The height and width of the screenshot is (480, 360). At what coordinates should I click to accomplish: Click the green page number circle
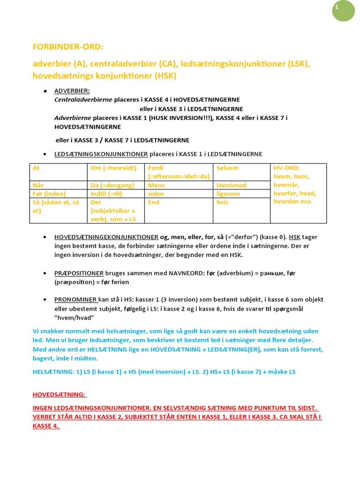tap(344, 10)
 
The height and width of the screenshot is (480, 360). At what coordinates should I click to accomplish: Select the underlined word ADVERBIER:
tap(72, 90)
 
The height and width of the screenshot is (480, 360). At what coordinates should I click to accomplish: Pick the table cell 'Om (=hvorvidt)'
tap(116, 172)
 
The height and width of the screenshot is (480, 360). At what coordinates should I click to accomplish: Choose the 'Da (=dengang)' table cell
tap(116, 185)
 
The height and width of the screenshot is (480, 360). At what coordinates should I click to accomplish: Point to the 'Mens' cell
tap(179, 185)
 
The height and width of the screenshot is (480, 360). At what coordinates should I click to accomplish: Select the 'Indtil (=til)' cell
tap(116, 194)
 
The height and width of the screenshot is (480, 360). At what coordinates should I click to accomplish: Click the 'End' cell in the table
tap(179, 210)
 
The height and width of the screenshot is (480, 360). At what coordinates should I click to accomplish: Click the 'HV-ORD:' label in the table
tap(286, 168)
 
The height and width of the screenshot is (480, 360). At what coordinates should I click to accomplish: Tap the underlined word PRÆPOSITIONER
tap(79, 273)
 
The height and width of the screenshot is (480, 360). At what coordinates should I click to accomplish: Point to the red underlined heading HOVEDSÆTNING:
tap(59, 395)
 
